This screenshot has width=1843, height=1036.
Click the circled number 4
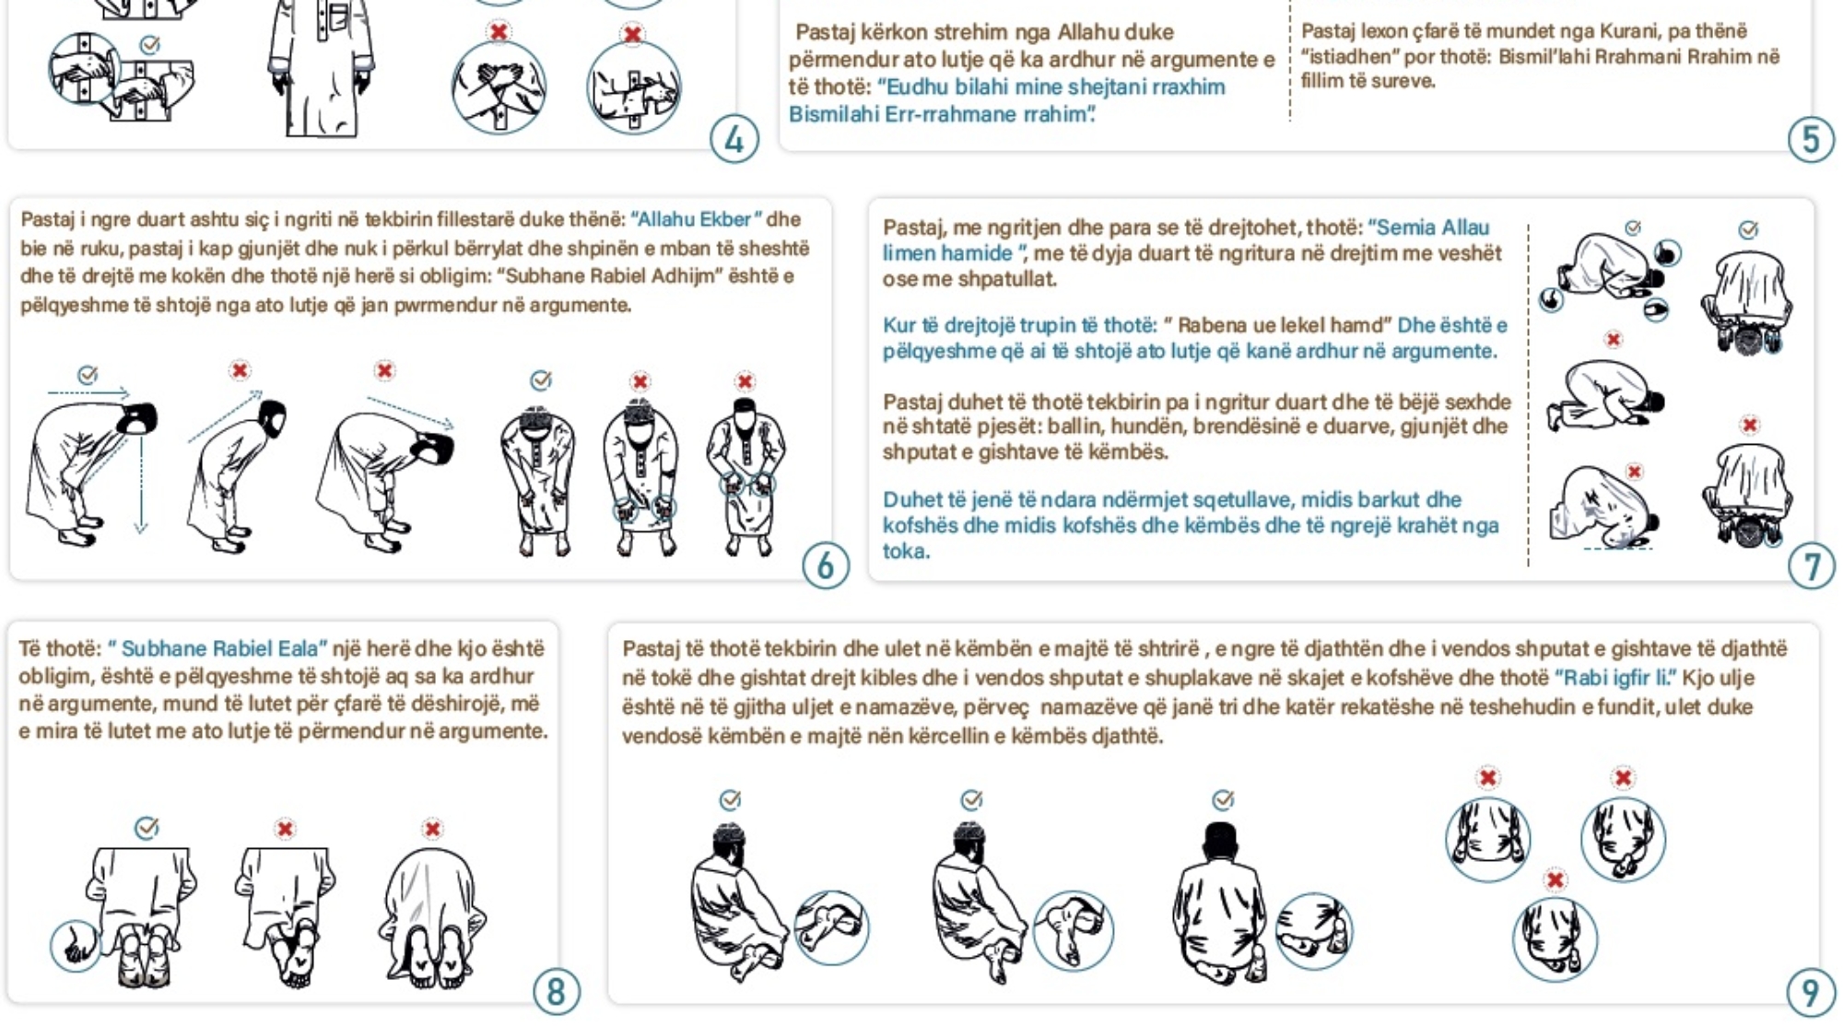point(734,140)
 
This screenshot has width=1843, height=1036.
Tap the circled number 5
point(1811,140)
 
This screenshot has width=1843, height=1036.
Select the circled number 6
point(826,565)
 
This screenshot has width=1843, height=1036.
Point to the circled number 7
point(1812,565)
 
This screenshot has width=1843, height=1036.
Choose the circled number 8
point(557,992)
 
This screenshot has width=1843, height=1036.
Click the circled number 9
point(1811,992)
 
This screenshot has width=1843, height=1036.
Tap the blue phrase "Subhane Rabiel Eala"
point(219,648)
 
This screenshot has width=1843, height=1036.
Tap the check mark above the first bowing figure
point(88,374)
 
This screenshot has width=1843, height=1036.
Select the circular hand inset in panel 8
point(75,945)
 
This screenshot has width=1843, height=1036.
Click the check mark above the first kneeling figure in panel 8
point(147,827)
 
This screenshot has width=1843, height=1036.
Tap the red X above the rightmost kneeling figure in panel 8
point(432,829)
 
